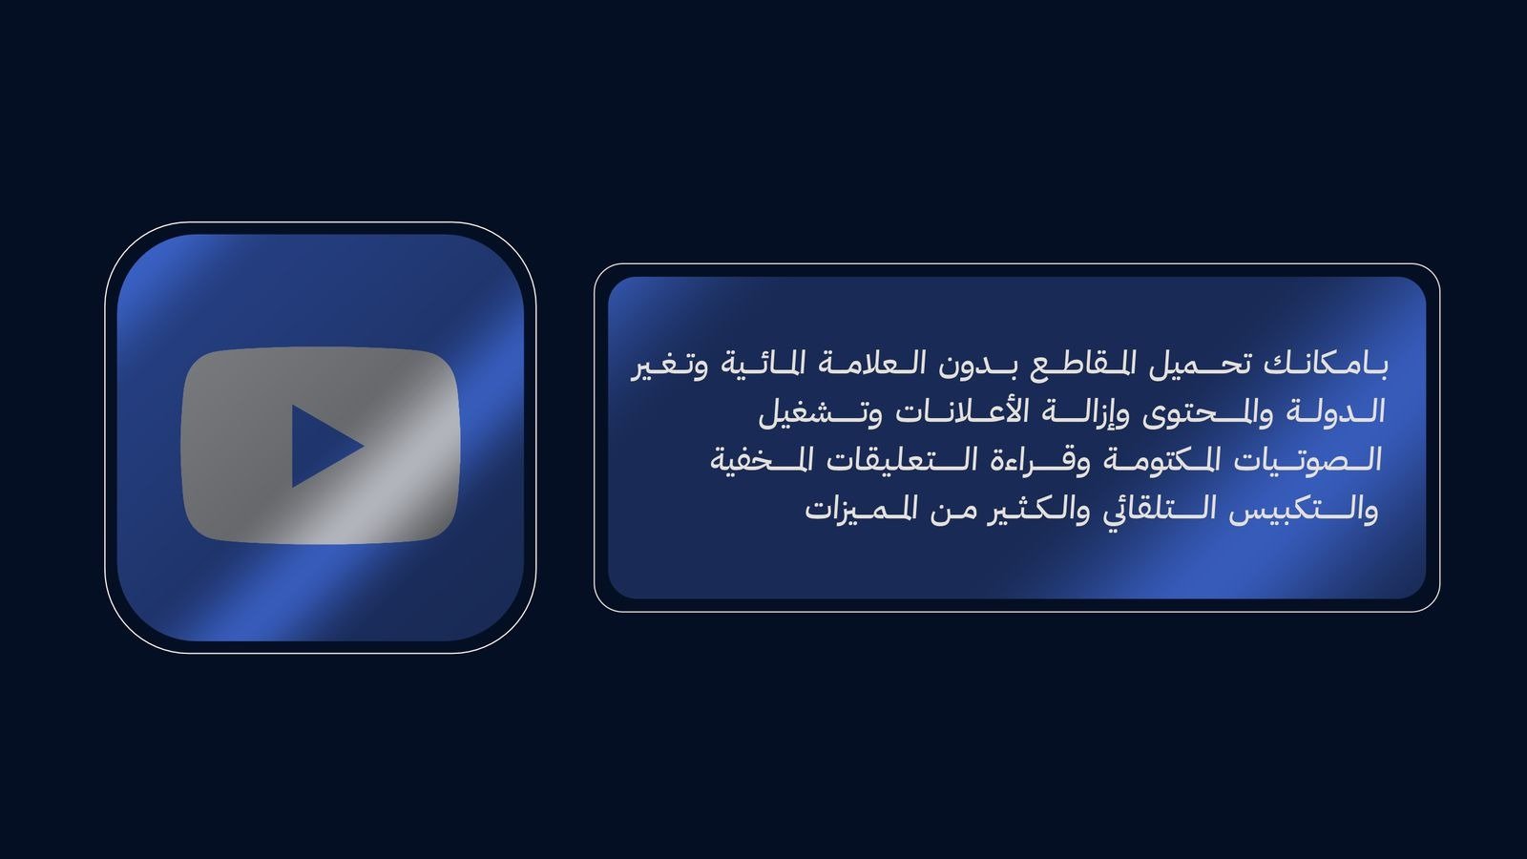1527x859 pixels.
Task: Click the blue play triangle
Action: click(x=322, y=447)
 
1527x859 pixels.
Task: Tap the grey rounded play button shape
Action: click(x=321, y=446)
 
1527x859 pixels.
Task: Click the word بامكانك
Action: click(x=1326, y=365)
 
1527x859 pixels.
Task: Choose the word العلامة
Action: click(x=865, y=365)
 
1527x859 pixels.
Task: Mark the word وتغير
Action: click(x=669, y=367)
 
